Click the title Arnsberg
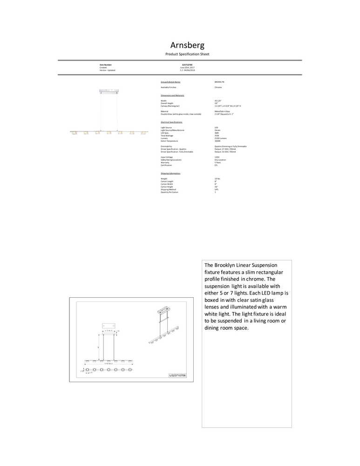coord(187,46)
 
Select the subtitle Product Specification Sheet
coord(187,55)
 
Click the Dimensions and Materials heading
coord(172,96)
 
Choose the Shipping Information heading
coord(170,173)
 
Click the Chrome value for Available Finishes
coord(218,87)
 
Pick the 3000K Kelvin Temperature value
coord(217,141)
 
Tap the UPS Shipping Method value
coord(216,189)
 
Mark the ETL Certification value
coord(216,165)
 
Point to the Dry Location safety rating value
coord(220,160)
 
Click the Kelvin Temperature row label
coord(169,141)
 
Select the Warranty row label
coord(164,163)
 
